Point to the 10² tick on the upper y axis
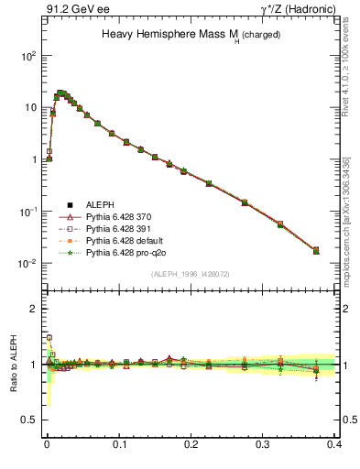click(x=27, y=55)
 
